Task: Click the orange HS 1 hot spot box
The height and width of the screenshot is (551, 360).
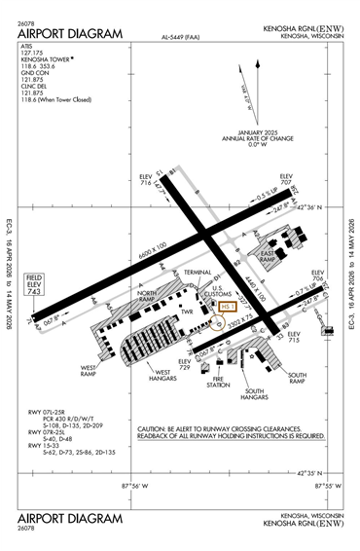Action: [228, 308]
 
